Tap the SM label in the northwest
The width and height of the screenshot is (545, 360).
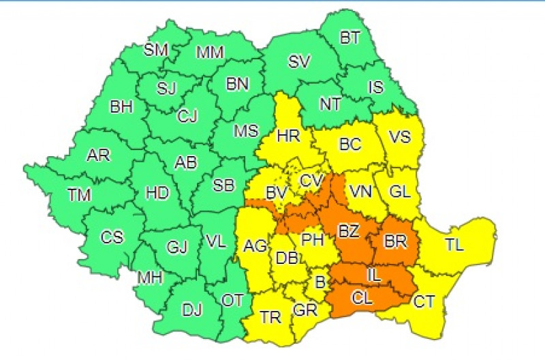pyautogui.click(x=156, y=50)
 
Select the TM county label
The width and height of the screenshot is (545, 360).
pyautogui.click(x=79, y=195)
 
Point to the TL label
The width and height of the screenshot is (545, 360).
pyautogui.click(x=454, y=243)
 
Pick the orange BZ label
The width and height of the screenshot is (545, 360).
pyautogui.click(x=348, y=232)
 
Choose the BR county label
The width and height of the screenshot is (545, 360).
pyautogui.click(x=396, y=241)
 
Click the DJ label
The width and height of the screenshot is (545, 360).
pyautogui.click(x=191, y=311)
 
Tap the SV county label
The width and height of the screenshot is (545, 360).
pyautogui.click(x=299, y=62)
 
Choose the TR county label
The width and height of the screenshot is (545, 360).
pyautogui.click(x=270, y=318)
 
